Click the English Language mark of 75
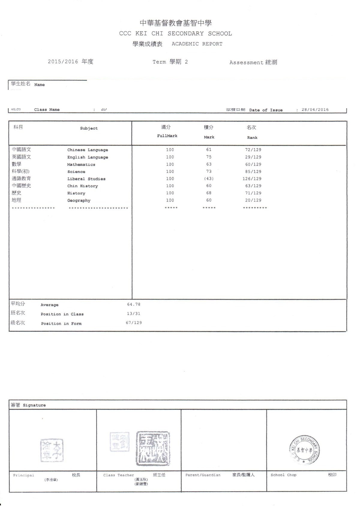pos(209,157)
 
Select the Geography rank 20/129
pos(253,200)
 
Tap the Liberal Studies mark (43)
pos(209,179)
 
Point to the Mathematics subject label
pos(81,165)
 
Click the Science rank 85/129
pos(253,171)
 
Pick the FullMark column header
pos(167,136)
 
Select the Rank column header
pos(252,138)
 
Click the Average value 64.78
pos(134,304)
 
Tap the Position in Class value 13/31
pos(134,313)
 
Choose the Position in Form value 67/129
pos(134,323)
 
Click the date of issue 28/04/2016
pos(315,110)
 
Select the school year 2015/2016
pos(63,62)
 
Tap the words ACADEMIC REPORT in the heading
pos(197,44)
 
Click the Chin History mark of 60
pos(209,186)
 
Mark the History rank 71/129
pos(253,193)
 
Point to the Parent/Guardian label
pos(203,475)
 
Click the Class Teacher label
pos(118,475)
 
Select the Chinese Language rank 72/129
pos(253,150)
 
